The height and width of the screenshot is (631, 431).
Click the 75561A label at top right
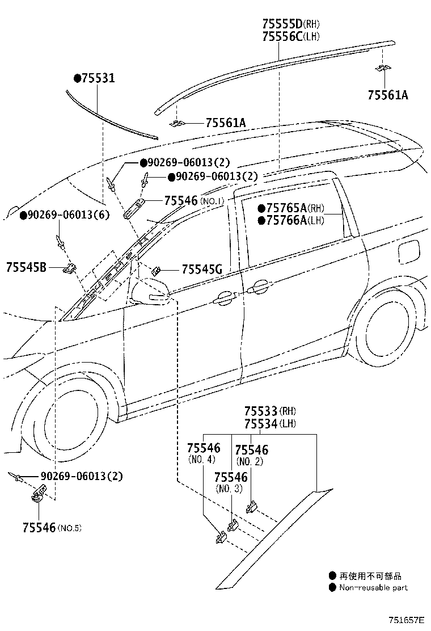[387, 95]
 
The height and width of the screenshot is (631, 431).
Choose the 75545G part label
[202, 270]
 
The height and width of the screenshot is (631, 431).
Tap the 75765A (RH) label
[291, 208]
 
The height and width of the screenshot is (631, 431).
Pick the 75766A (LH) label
[291, 220]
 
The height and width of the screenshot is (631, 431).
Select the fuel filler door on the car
[407, 253]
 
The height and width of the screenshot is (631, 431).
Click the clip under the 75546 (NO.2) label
[252, 507]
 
